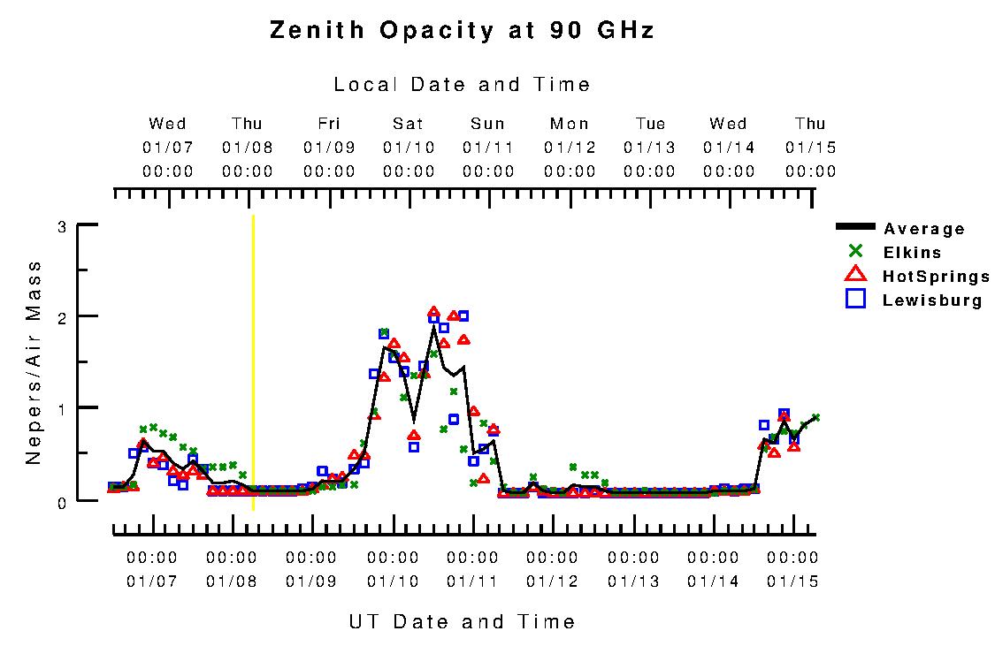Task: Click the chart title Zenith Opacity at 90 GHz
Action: point(462,31)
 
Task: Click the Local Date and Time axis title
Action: point(462,85)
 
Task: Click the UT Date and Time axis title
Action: point(462,622)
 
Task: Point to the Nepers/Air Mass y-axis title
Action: point(34,362)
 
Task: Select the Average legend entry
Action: point(923,230)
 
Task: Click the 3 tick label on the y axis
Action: point(63,226)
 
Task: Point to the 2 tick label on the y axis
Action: point(63,317)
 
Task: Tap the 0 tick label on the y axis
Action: point(63,502)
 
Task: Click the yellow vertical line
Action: point(253,362)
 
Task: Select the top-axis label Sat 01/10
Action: point(409,147)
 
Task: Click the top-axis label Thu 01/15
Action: point(809,147)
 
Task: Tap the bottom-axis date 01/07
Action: point(152,581)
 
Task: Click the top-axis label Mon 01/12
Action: point(570,147)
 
